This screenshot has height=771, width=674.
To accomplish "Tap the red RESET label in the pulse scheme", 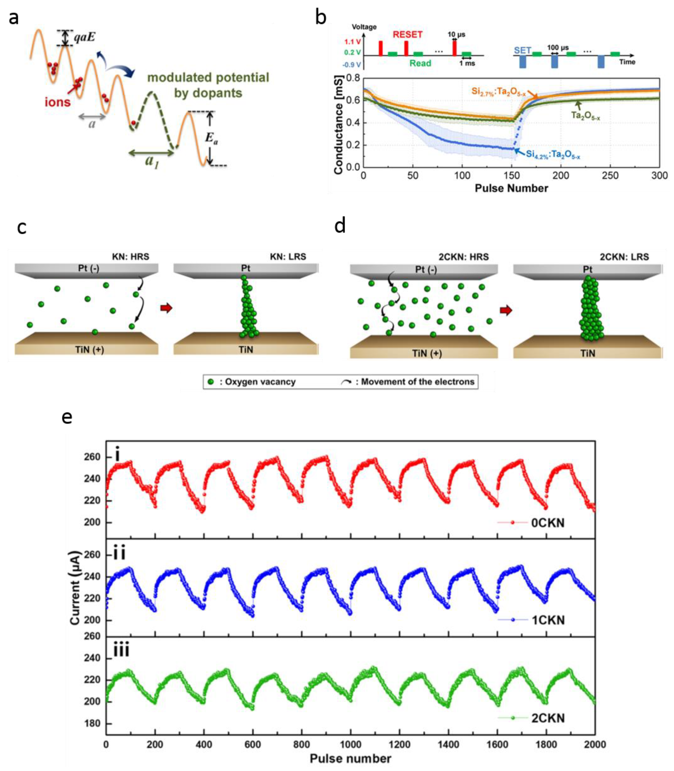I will pyautogui.click(x=408, y=35).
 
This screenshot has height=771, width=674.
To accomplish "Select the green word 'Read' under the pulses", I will pyautogui.click(x=420, y=63).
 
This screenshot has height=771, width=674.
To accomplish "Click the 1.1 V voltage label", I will pyautogui.click(x=352, y=42).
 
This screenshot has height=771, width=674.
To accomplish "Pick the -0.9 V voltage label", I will pyautogui.click(x=351, y=65).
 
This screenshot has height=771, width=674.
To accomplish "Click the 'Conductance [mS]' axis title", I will pyautogui.click(x=339, y=125).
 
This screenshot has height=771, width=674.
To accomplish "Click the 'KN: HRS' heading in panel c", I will pyautogui.click(x=130, y=257).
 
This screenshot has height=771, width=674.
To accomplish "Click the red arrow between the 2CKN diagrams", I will pyautogui.click(x=506, y=310).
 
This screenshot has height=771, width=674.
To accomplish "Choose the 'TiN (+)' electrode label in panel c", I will pyautogui.click(x=89, y=349).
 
